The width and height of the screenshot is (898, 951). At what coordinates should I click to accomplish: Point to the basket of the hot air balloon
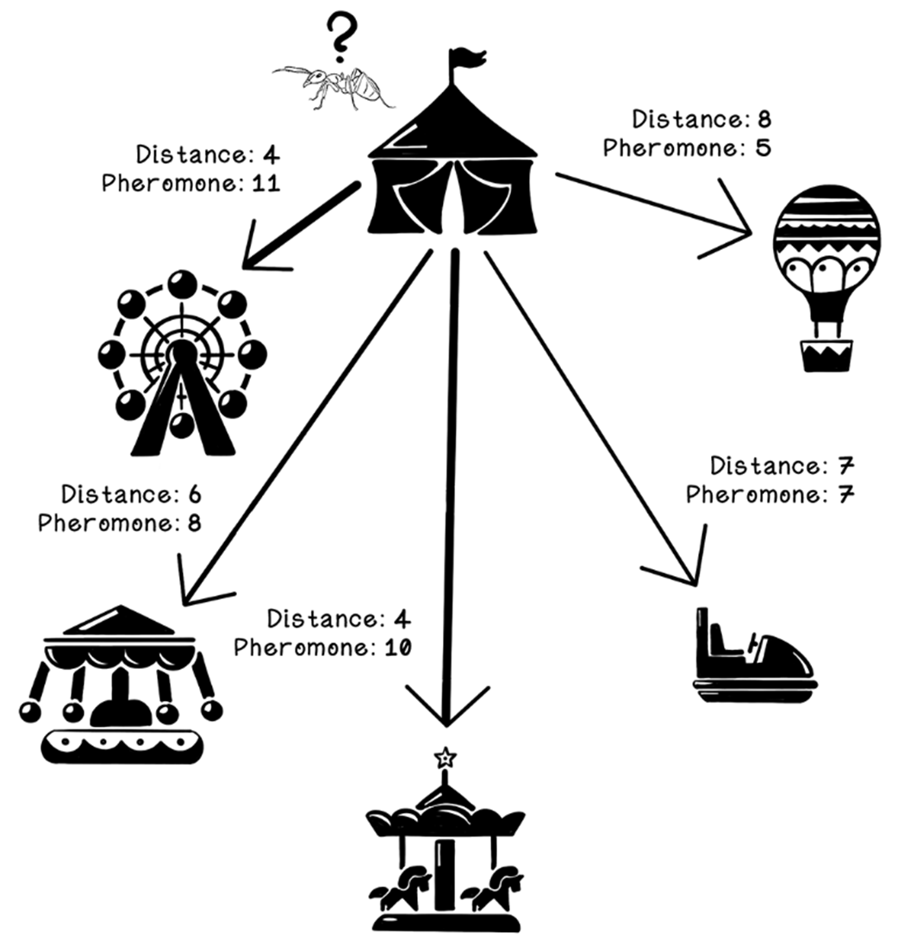(826, 354)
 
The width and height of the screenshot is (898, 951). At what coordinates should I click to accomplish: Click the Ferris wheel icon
(182, 362)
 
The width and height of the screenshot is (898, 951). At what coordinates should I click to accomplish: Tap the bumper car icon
(754, 655)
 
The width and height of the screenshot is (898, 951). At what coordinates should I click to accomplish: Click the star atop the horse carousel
(445, 758)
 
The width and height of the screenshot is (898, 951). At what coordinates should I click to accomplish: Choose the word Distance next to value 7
(764, 466)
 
